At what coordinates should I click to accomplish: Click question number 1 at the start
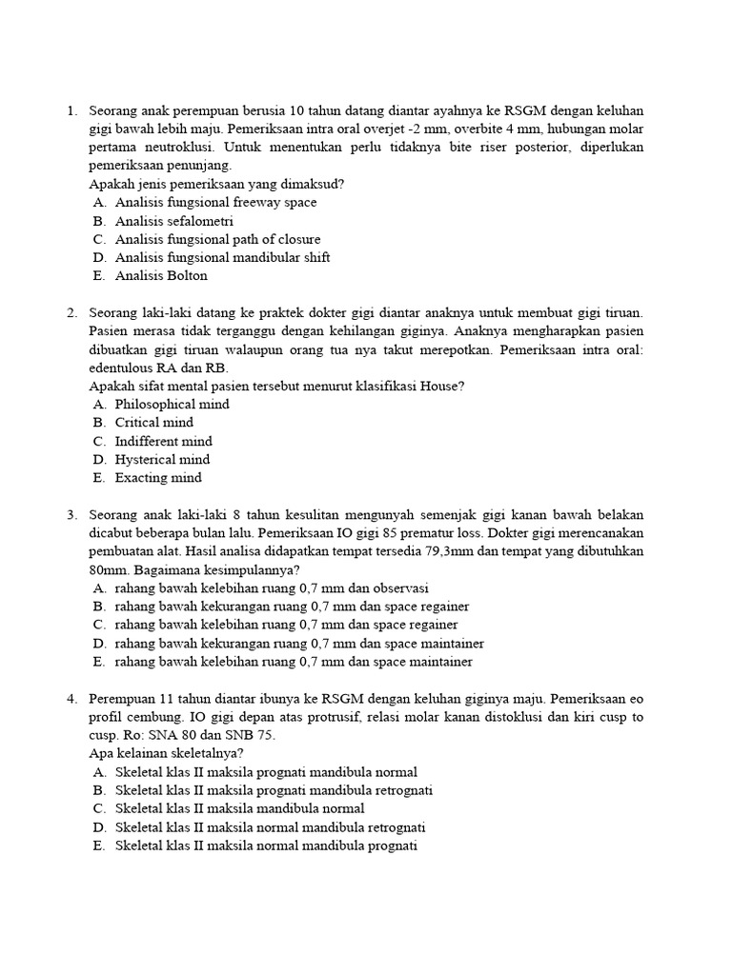pyautogui.click(x=71, y=111)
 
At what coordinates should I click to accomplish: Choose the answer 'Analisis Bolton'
pyautogui.click(x=161, y=276)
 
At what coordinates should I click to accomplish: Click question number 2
pyautogui.click(x=71, y=313)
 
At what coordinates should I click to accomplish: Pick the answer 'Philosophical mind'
pyautogui.click(x=173, y=405)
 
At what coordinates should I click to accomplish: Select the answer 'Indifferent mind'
pyautogui.click(x=164, y=442)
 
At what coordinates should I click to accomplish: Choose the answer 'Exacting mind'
pyautogui.click(x=158, y=478)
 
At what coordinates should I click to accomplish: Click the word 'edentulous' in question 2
pyautogui.click(x=120, y=368)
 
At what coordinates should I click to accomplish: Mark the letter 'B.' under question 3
pyautogui.click(x=99, y=607)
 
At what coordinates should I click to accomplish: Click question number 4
pyautogui.click(x=71, y=699)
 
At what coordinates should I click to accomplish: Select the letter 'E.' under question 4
pyautogui.click(x=99, y=846)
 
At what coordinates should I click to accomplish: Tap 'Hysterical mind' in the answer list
pyautogui.click(x=163, y=460)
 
